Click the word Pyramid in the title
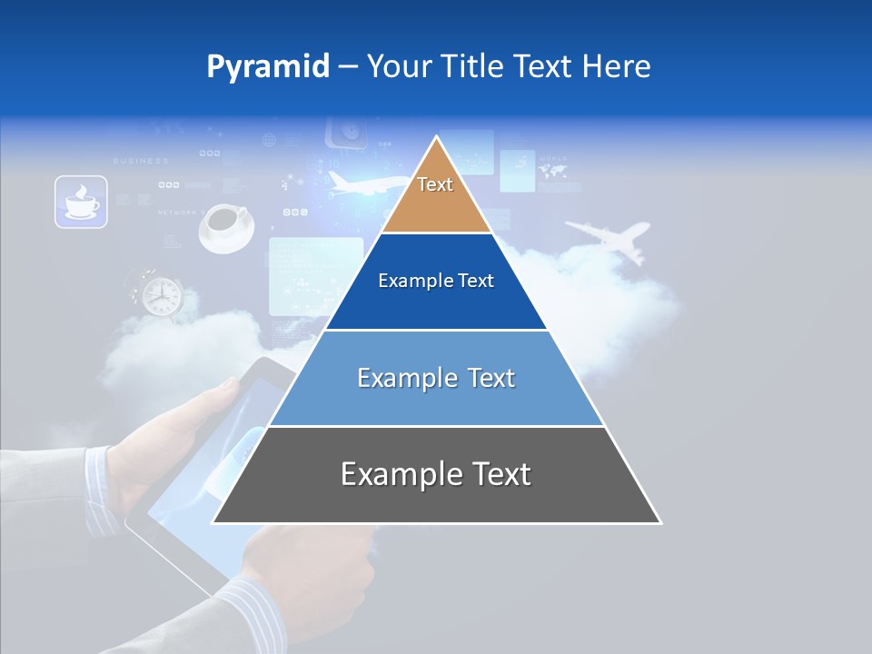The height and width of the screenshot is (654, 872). [267, 67]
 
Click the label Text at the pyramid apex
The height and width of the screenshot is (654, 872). [435, 184]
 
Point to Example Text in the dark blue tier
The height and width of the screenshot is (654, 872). [436, 281]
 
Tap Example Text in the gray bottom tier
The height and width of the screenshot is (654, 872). [436, 474]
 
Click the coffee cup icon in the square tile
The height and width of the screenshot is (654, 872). [81, 202]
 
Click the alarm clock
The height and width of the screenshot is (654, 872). [161, 293]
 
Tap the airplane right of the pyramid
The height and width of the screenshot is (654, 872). [609, 237]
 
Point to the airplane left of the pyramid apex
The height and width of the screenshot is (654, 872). [360, 184]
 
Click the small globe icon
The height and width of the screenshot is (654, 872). [268, 141]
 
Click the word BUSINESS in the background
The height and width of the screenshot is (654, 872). [140, 161]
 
